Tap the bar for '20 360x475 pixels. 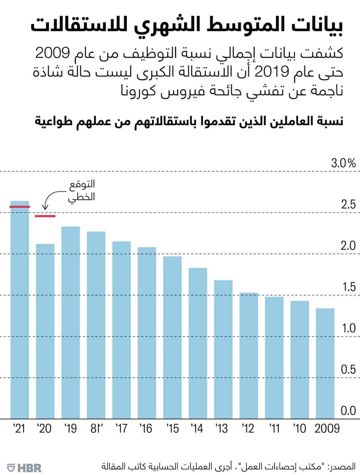coord(45,331)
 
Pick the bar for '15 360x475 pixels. coord(172,337)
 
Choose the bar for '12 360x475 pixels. coord(249,356)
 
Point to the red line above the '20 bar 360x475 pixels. coord(45,216)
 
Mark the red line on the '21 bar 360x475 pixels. coord(20,207)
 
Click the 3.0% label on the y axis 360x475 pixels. coord(343,163)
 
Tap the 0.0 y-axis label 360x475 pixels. coord(348,411)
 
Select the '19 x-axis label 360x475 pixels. coord(70,429)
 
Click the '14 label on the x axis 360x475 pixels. coord(197,429)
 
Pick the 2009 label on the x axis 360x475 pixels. coord(327,429)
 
